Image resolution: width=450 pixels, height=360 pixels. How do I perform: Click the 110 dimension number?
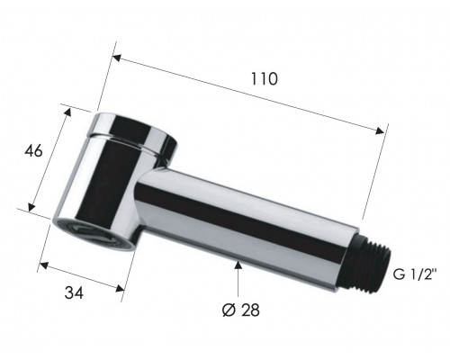[264, 79]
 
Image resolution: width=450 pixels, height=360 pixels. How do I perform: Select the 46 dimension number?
[33, 151]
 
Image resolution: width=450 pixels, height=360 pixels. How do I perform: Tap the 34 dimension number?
[74, 292]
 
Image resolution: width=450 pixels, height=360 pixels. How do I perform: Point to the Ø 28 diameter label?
[241, 310]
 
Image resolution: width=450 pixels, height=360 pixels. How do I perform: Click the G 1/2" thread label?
[415, 274]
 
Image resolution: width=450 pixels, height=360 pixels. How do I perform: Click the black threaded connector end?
[370, 263]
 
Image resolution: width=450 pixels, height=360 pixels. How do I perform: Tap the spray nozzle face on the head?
[94, 235]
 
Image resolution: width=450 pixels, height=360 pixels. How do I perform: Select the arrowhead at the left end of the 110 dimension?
[117, 58]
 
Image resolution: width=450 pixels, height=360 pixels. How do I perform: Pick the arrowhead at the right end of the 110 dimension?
[380, 130]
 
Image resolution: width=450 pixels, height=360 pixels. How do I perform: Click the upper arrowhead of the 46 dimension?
[67, 112]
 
